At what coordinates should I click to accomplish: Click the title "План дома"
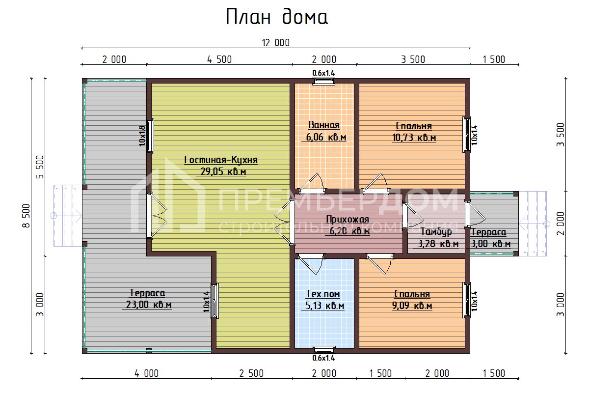[276, 17]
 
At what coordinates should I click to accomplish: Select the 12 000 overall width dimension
[275, 43]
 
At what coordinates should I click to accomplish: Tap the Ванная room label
[324, 125]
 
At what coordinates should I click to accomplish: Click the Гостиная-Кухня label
[221, 160]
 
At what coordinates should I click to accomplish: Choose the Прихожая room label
[348, 219]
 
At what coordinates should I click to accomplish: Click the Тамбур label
[436, 232]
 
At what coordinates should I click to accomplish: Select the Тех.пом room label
[323, 294]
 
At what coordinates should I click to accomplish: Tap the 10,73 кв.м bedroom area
[414, 138]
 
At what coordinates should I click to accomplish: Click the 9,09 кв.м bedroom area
[412, 306]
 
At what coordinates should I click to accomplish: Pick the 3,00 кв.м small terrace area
[490, 244]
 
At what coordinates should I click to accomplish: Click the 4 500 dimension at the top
[219, 60]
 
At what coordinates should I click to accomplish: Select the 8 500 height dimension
[28, 215]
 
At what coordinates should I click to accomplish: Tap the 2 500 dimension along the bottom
[251, 373]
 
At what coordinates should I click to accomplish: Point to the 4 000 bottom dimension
[146, 373]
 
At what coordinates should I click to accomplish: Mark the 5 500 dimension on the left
[41, 167]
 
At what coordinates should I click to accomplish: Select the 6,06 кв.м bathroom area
[326, 138]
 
